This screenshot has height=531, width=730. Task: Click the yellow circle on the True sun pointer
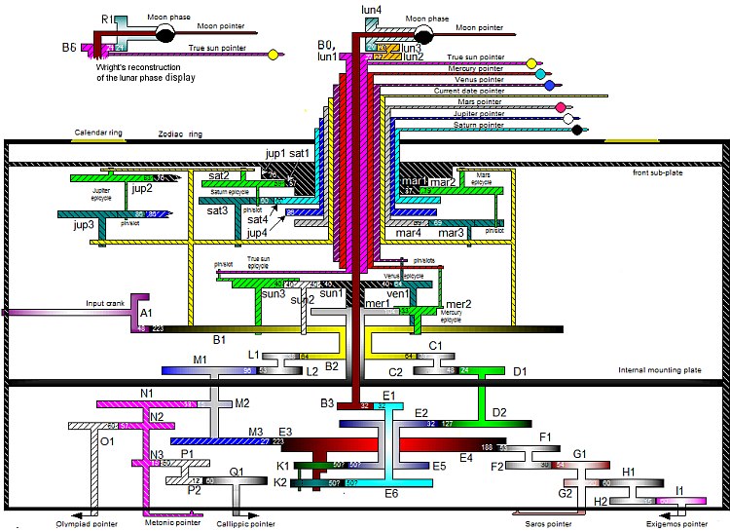click(531, 63)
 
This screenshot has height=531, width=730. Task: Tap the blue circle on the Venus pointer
click(550, 86)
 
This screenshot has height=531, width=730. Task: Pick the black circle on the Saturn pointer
click(577, 130)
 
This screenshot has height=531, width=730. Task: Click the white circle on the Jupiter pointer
click(567, 119)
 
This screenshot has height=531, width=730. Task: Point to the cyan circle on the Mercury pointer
click(541, 74)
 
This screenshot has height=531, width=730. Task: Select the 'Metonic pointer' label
click(176, 523)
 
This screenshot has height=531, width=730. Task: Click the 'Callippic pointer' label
click(264, 523)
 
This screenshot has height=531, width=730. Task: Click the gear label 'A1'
click(147, 313)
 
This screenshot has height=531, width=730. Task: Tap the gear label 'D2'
click(499, 413)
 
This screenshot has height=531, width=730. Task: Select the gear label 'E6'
click(391, 494)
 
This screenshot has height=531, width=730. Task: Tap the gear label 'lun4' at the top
click(372, 10)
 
